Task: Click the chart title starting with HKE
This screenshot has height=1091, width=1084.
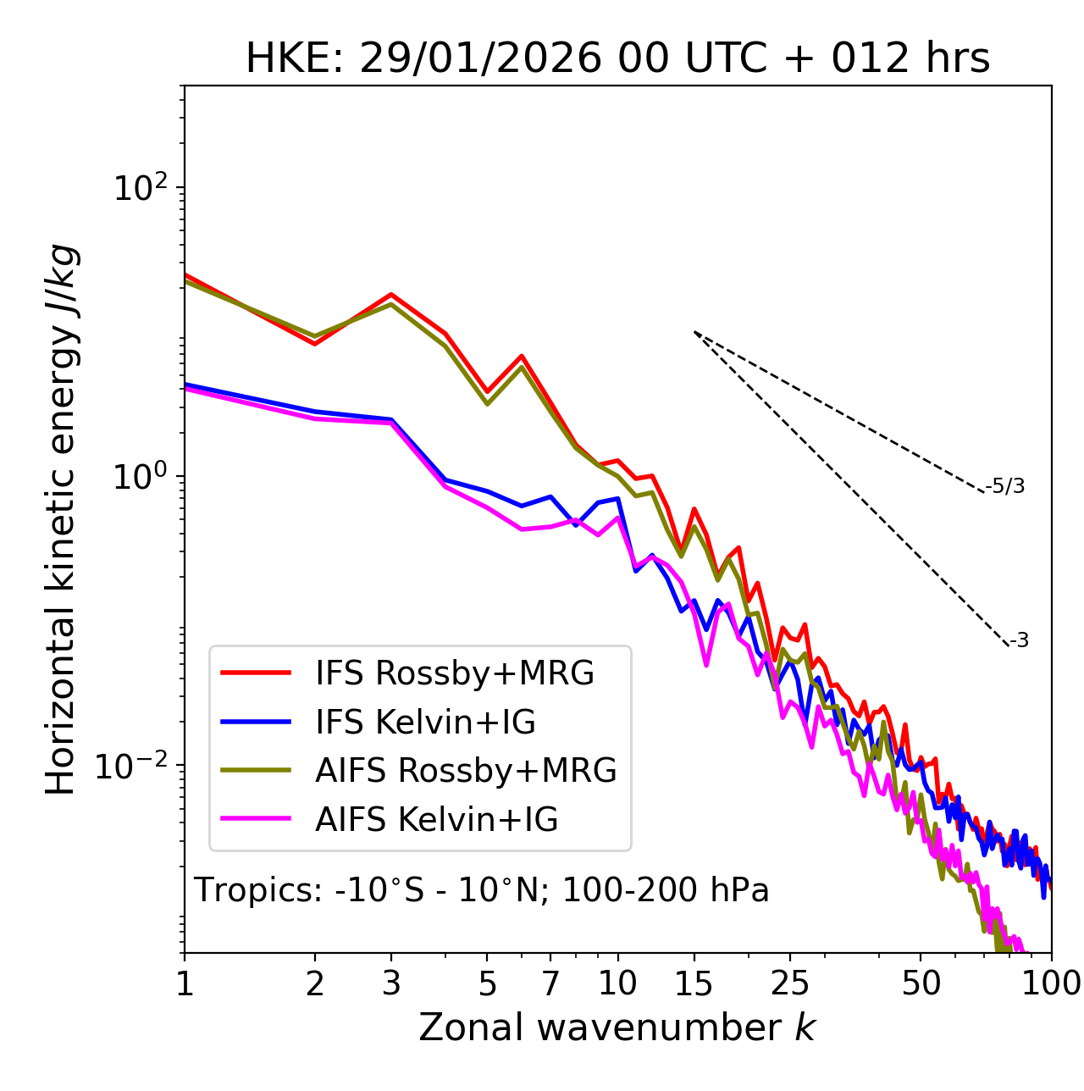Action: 617,59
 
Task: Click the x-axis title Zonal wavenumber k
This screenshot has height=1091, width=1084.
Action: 617,1027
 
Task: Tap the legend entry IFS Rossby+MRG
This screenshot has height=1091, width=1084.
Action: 454,673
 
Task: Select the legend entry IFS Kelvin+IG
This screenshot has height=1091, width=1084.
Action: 425,722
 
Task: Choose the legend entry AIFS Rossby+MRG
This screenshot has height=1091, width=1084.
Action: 465,771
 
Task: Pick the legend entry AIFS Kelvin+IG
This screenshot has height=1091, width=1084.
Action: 436,820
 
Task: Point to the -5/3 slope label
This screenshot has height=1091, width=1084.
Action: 1005,486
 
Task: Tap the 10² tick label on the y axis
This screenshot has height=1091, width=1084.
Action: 139,188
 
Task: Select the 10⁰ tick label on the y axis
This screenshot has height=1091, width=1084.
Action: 139,477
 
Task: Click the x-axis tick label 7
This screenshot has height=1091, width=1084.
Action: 550,983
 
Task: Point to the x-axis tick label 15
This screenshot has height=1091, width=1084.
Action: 694,983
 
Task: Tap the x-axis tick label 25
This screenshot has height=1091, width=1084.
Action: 790,983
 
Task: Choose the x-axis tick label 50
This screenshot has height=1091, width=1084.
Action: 921,983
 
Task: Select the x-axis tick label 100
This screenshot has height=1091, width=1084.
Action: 1051,983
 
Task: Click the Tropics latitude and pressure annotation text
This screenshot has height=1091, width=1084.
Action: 481,890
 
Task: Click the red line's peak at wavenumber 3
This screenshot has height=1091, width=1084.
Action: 391,295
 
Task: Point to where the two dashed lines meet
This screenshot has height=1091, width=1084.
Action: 694,332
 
